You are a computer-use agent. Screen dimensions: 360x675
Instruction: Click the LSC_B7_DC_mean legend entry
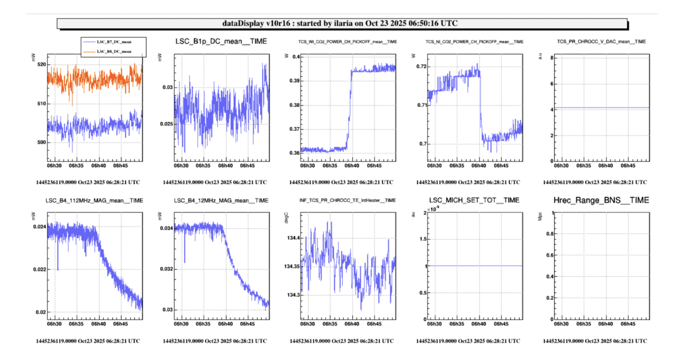114,42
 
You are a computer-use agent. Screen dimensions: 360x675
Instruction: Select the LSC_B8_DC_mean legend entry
114,52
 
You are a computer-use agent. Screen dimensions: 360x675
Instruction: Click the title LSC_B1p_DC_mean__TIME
221,41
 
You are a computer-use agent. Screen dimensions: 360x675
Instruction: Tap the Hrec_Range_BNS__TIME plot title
601,200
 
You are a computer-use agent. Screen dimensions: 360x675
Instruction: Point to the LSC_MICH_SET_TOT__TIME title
474,200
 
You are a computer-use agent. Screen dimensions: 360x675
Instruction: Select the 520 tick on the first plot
42,65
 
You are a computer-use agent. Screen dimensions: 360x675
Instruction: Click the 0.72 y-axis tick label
421,66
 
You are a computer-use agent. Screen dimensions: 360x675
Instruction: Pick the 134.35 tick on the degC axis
291,266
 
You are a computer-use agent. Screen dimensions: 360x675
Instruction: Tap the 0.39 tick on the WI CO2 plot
295,81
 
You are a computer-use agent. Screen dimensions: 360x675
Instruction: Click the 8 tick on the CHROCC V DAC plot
552,58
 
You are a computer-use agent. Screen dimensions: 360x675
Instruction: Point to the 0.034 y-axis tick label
166,228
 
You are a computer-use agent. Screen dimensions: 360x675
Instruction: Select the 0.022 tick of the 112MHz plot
40,269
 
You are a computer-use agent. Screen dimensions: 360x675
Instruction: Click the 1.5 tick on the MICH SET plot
423,239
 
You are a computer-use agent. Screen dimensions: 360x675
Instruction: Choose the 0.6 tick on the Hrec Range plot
550,255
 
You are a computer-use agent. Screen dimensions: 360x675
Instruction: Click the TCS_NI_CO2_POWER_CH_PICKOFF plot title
474,42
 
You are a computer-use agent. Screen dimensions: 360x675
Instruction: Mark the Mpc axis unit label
539,216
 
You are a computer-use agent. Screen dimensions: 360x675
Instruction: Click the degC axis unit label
286,218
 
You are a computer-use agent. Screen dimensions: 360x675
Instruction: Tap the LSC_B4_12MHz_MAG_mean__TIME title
221,200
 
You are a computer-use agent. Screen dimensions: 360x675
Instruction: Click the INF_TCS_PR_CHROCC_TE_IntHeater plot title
347,200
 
